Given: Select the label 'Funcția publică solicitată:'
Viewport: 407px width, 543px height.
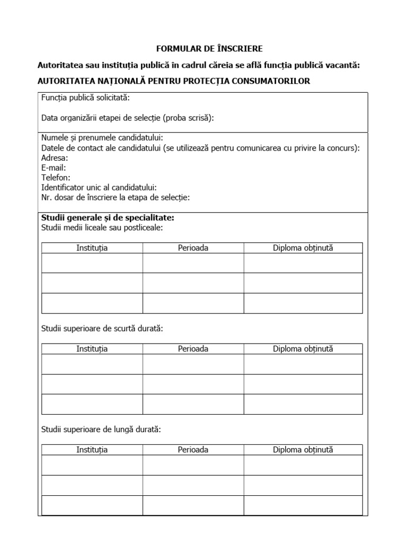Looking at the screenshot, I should (x=85, y=98).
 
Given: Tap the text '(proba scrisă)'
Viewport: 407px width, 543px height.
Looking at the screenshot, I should (x=190, y=118).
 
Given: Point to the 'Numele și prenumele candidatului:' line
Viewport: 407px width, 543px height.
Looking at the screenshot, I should (x=102, y=138).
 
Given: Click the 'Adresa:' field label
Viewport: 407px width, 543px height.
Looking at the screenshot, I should (x=55, y=157).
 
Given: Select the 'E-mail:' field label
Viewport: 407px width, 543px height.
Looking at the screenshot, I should (x=54, y=168).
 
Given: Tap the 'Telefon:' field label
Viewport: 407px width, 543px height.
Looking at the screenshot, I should (x=56, y=178).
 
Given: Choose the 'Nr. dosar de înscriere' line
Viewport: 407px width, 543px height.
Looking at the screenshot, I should (x=115, y=198).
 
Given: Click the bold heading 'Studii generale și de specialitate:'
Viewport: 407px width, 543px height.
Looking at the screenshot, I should (x=108, y=218).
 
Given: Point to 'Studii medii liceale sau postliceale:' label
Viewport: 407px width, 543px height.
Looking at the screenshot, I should (x=102, y=228).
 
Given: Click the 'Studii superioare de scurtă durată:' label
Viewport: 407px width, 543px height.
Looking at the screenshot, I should (x=102, y=329).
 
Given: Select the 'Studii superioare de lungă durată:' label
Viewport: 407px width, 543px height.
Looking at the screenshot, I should (x=101, y=430).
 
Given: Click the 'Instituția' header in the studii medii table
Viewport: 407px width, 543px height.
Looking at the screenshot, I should (x=92, y=248).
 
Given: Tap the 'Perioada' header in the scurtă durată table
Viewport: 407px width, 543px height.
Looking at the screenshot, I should (x=193, y=349).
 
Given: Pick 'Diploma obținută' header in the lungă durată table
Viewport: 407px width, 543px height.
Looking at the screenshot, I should (x=303, y=450).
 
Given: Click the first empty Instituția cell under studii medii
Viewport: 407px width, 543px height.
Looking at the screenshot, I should (x=92, y=263).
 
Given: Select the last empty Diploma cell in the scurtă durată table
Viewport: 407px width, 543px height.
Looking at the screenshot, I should (x=303, y=404).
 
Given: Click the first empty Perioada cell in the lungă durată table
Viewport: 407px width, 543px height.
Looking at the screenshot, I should (x=193, y=465).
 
